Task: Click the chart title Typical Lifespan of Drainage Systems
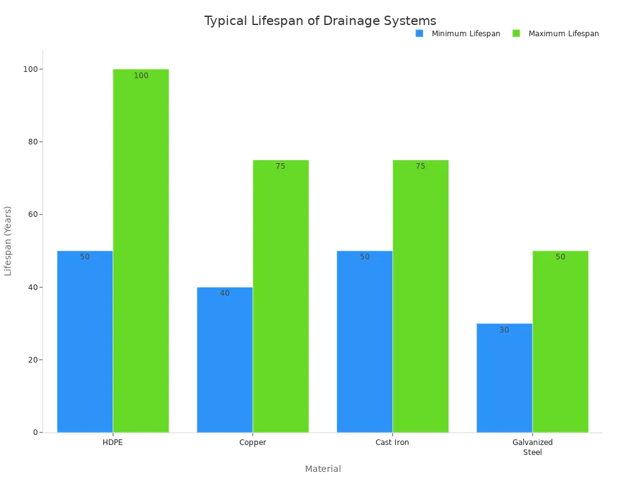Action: [x=320, y=21]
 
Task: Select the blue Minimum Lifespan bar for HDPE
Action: [x=85, y=341]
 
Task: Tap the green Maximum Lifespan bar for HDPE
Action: [x=141, y=251]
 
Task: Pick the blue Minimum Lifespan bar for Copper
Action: [x=224, y=359]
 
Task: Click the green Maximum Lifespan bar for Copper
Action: [x=281, y=296]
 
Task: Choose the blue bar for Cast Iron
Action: [x=364, y=341]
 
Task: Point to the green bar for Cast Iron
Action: [x=421, y=296]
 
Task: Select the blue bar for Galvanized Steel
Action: [x=504, y=377]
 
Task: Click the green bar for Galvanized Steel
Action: [x=561, y=341]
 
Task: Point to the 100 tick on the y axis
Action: [x=29, y=69]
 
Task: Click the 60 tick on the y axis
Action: [x=31, y=214]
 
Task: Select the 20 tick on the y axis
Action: [x=31, y=360]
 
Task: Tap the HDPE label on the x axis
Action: [x=113, y=442]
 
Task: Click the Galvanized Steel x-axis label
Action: [x=532, y=447]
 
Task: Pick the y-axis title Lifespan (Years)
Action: [x=8, y=241]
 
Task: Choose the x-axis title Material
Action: [x=323, y=469]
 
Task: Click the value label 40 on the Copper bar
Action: [x=224, y=293]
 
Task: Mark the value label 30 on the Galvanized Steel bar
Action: [x=504, y=330]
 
